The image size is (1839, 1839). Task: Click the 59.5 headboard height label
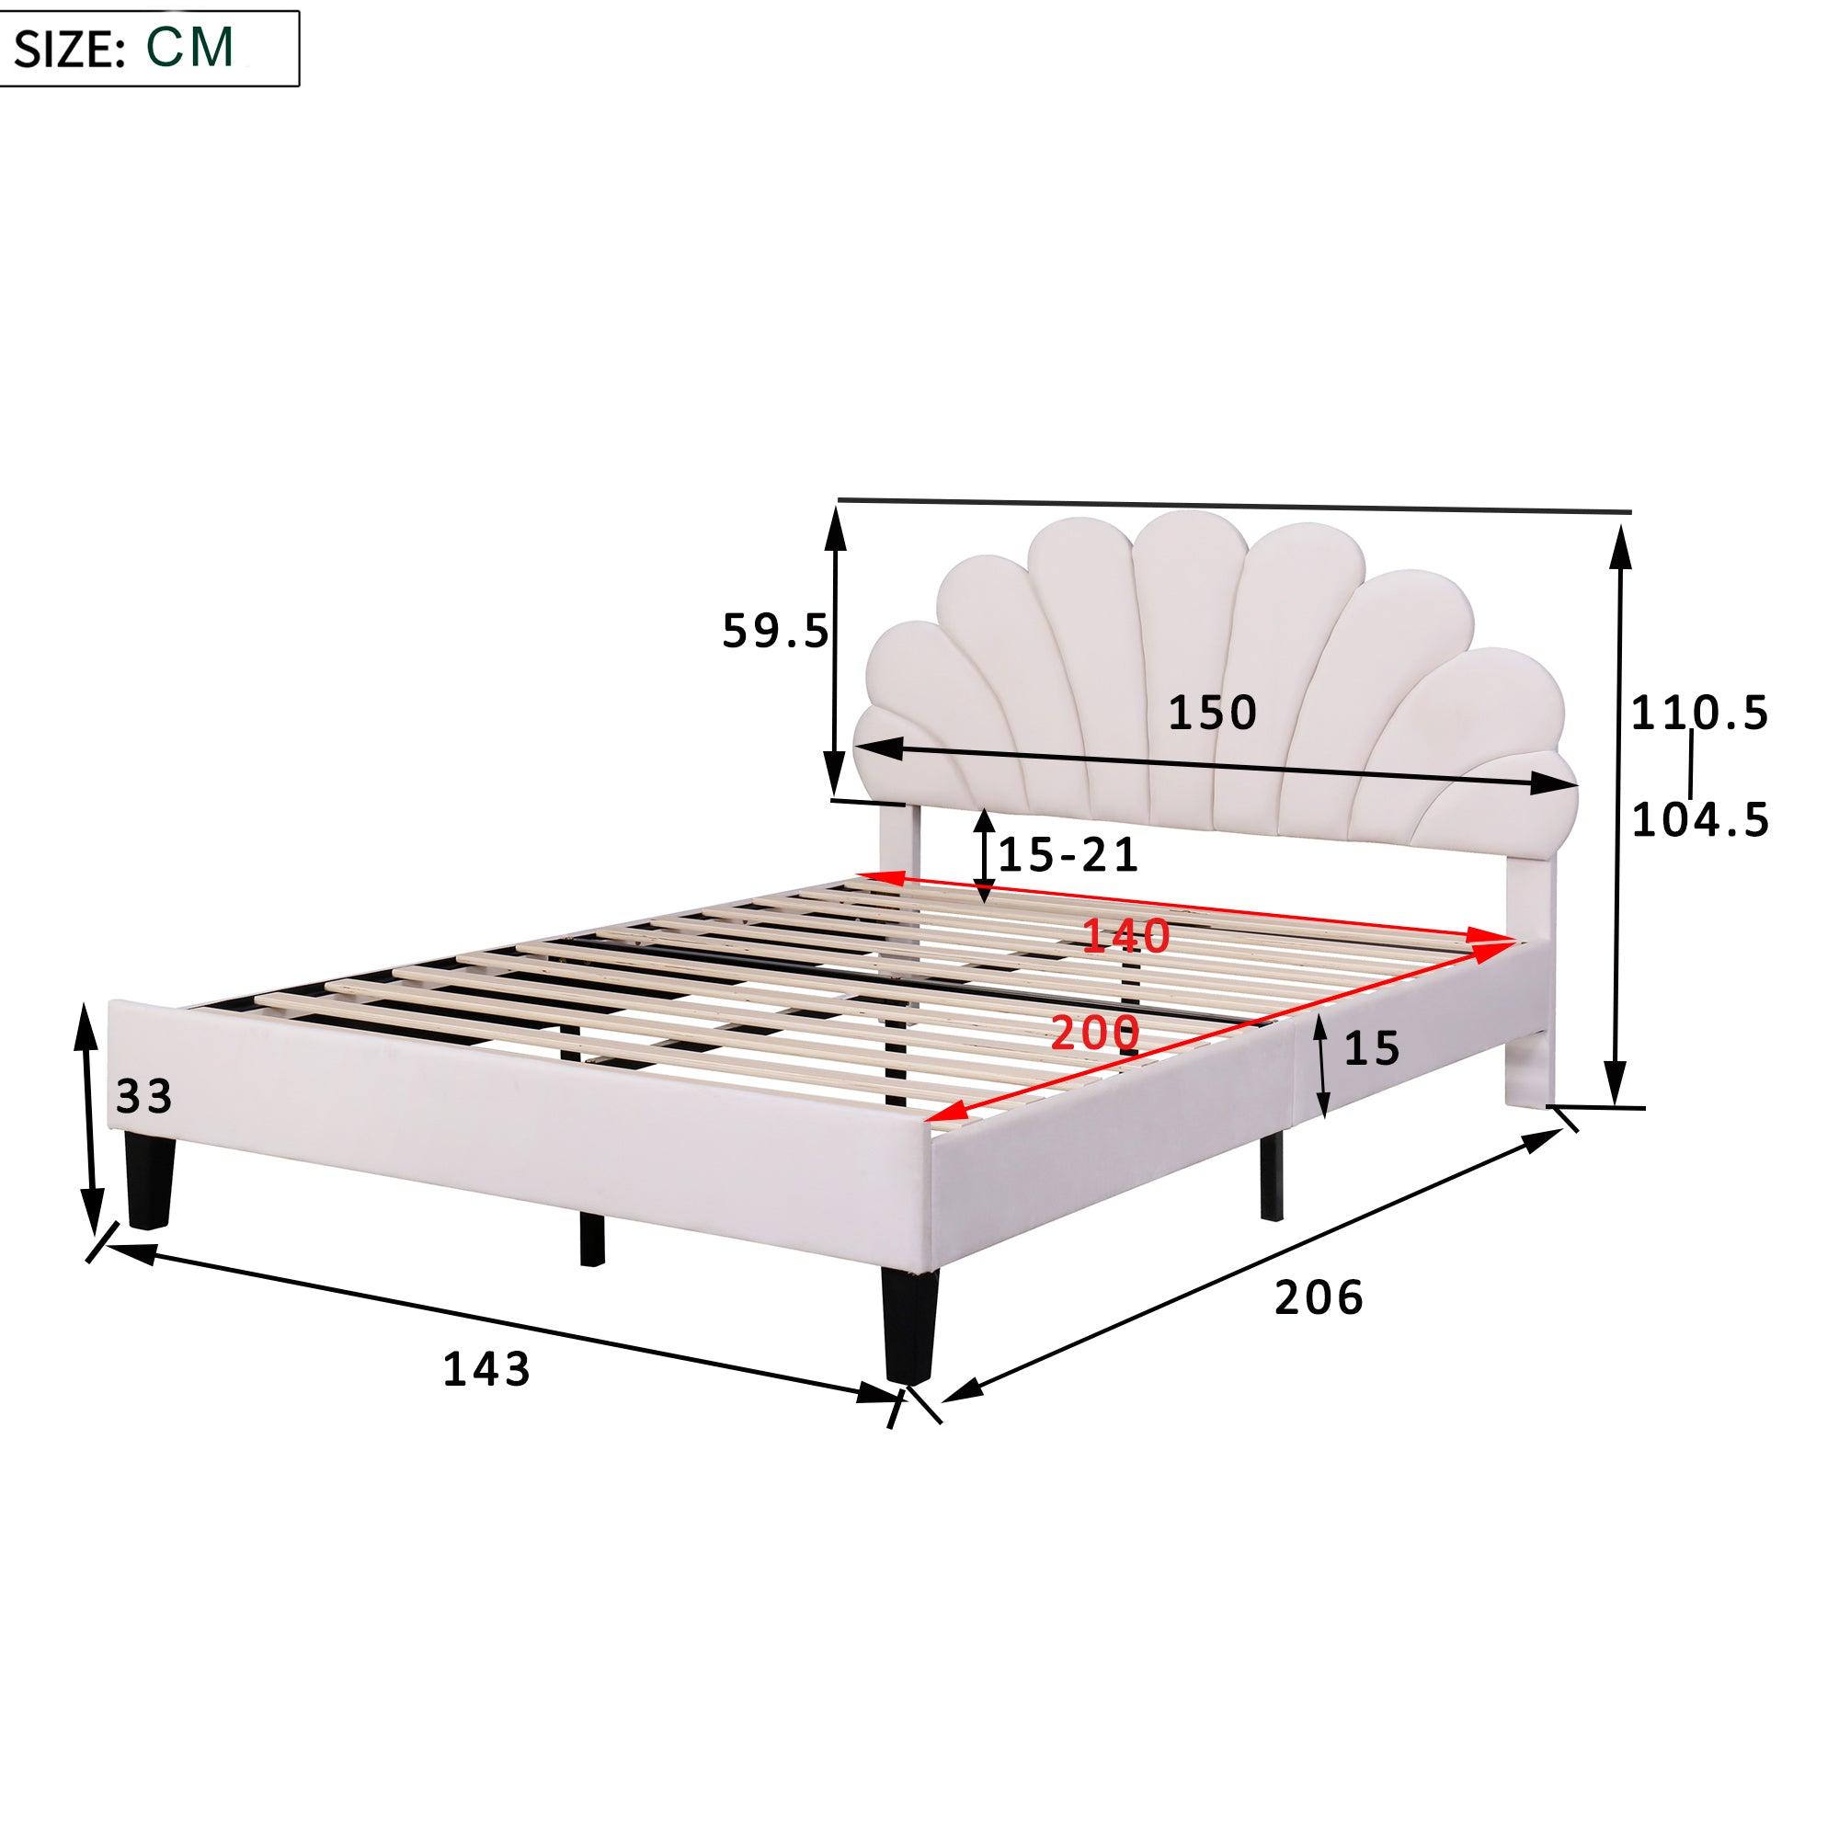point(775,631)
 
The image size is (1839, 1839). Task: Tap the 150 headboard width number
point(1212,713)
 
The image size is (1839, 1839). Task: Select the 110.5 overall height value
point(1699,713)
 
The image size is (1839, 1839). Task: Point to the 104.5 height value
point(1700,819)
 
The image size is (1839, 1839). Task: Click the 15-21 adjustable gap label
point(1068,855)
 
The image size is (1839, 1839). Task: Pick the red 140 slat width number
point(1126,937)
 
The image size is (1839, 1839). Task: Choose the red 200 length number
point(1094,1034)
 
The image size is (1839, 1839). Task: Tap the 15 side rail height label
point(1372,1049)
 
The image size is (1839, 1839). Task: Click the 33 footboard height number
point(143,1097)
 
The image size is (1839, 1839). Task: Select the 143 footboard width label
point(486,1370)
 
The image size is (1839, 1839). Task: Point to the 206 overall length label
point(1319,1298)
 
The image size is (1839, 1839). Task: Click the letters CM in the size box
point(189,48)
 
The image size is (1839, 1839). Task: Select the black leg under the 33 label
point(150,1181)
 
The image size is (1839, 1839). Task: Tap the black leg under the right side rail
point(1271,1178)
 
